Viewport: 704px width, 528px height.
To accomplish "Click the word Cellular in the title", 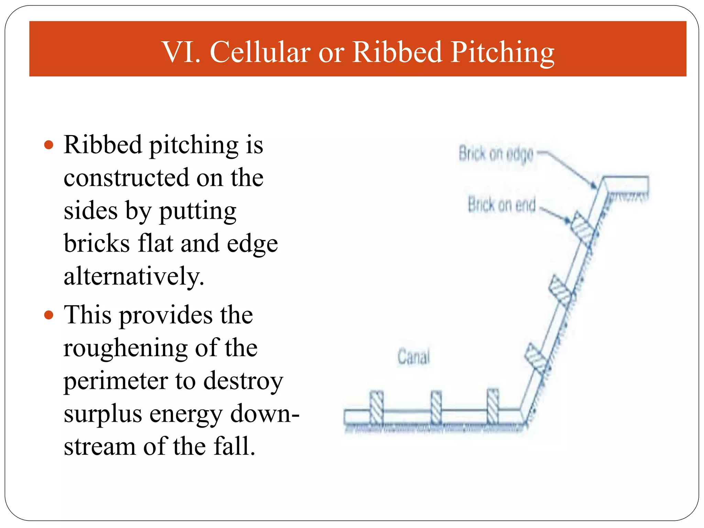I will tap(260, 52).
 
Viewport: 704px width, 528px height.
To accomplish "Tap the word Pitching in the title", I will tap(502, 52).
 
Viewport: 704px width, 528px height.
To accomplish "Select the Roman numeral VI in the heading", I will tap(181, 52).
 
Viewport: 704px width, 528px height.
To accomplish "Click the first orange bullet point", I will tap(49, 145).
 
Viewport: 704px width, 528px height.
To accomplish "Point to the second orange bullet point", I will tap(49, 315).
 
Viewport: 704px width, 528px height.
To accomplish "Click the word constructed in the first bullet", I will tap(126, 178).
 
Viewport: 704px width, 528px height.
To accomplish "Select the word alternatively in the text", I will tap(133, 276).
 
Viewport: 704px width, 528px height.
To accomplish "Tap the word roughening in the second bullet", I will tap(125, 348).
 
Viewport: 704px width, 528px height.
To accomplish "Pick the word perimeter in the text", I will tap(115, 381).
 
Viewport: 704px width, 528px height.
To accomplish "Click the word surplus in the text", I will tap(102, 414).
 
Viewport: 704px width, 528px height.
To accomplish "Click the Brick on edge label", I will tap(496, 154).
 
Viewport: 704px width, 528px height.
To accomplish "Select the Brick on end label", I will tap(502, 205).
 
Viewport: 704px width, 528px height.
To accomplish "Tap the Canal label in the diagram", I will tap(414, 356).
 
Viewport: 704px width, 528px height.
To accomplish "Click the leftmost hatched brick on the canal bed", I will tap(376, 407).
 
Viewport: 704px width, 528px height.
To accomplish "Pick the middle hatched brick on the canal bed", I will tap(436, 407).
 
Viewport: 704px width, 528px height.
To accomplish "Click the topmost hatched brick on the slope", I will tap(582, 228).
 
